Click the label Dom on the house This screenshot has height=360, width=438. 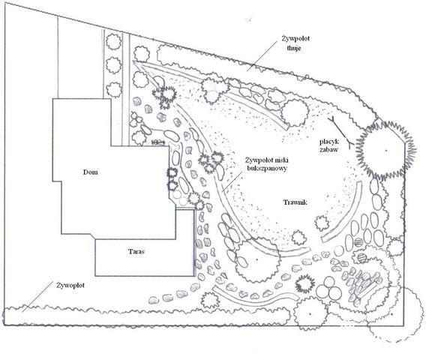point(91,172)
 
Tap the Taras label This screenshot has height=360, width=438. point(136,251)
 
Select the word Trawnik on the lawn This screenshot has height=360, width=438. point(295,202)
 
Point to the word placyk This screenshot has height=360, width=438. point(329,142)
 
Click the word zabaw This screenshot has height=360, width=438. point(329,149)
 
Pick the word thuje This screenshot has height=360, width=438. point(294,48)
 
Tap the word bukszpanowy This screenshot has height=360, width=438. point(267,169)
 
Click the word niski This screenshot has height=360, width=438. point(282,160)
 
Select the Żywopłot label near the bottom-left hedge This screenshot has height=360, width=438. point(70,286)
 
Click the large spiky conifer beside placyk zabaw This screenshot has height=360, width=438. point(386,151)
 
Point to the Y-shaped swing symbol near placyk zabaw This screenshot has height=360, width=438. point(341,131)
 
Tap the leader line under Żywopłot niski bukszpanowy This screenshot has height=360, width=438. point(232,181)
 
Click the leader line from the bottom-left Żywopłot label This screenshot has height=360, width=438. point(37,296)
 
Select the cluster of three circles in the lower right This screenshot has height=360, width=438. point(328,288)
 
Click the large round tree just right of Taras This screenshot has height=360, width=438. point(257,259)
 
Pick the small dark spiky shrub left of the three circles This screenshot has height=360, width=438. point(304,283)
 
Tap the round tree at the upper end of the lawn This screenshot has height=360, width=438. point(295,112)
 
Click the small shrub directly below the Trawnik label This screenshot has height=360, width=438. point(299,238)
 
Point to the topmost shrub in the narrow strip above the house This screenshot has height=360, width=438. point(114,41)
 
